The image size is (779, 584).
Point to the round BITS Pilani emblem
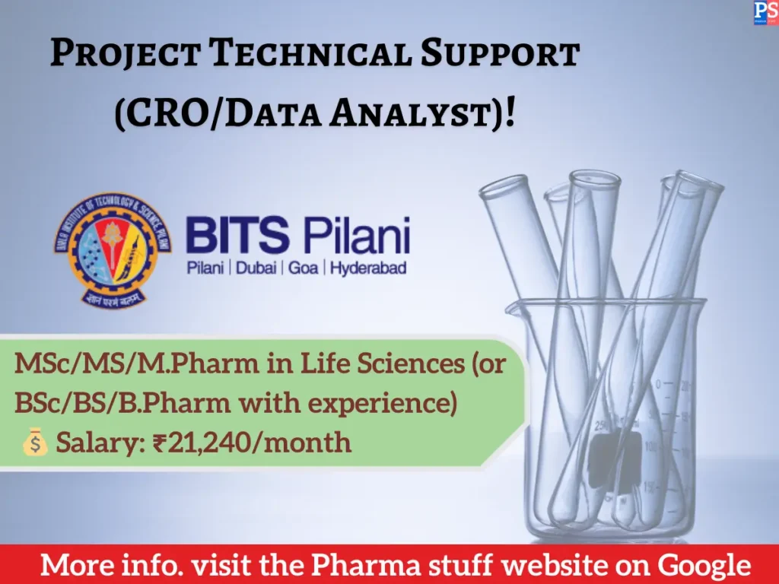point(112,246)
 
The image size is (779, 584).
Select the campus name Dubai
point(258,268)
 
